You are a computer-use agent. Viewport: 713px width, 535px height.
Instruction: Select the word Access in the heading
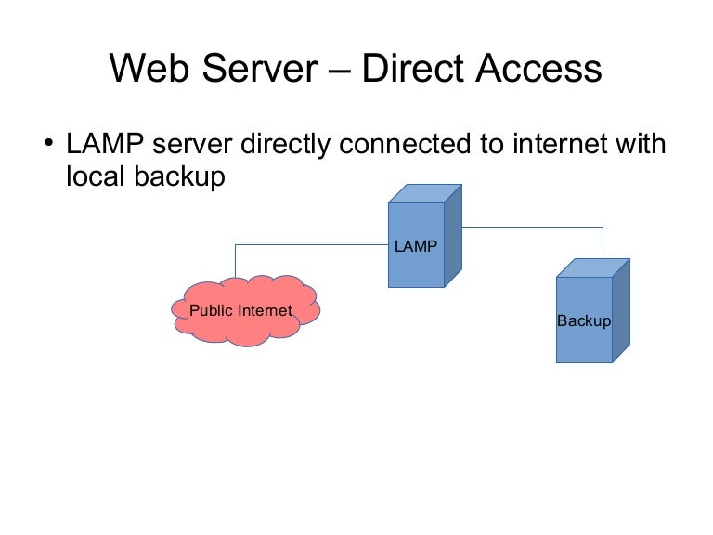(539, 70)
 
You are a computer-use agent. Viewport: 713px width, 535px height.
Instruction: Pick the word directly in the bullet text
(286, 145)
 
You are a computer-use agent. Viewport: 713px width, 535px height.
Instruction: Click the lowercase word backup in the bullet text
(182, 176)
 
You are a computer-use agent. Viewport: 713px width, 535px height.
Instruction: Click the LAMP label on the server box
(415, 246)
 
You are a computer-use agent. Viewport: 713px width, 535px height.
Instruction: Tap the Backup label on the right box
(584, 321)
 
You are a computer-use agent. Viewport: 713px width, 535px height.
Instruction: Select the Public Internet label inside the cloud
(240, 310)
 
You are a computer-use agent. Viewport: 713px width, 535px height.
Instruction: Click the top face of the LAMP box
(424, 194)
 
